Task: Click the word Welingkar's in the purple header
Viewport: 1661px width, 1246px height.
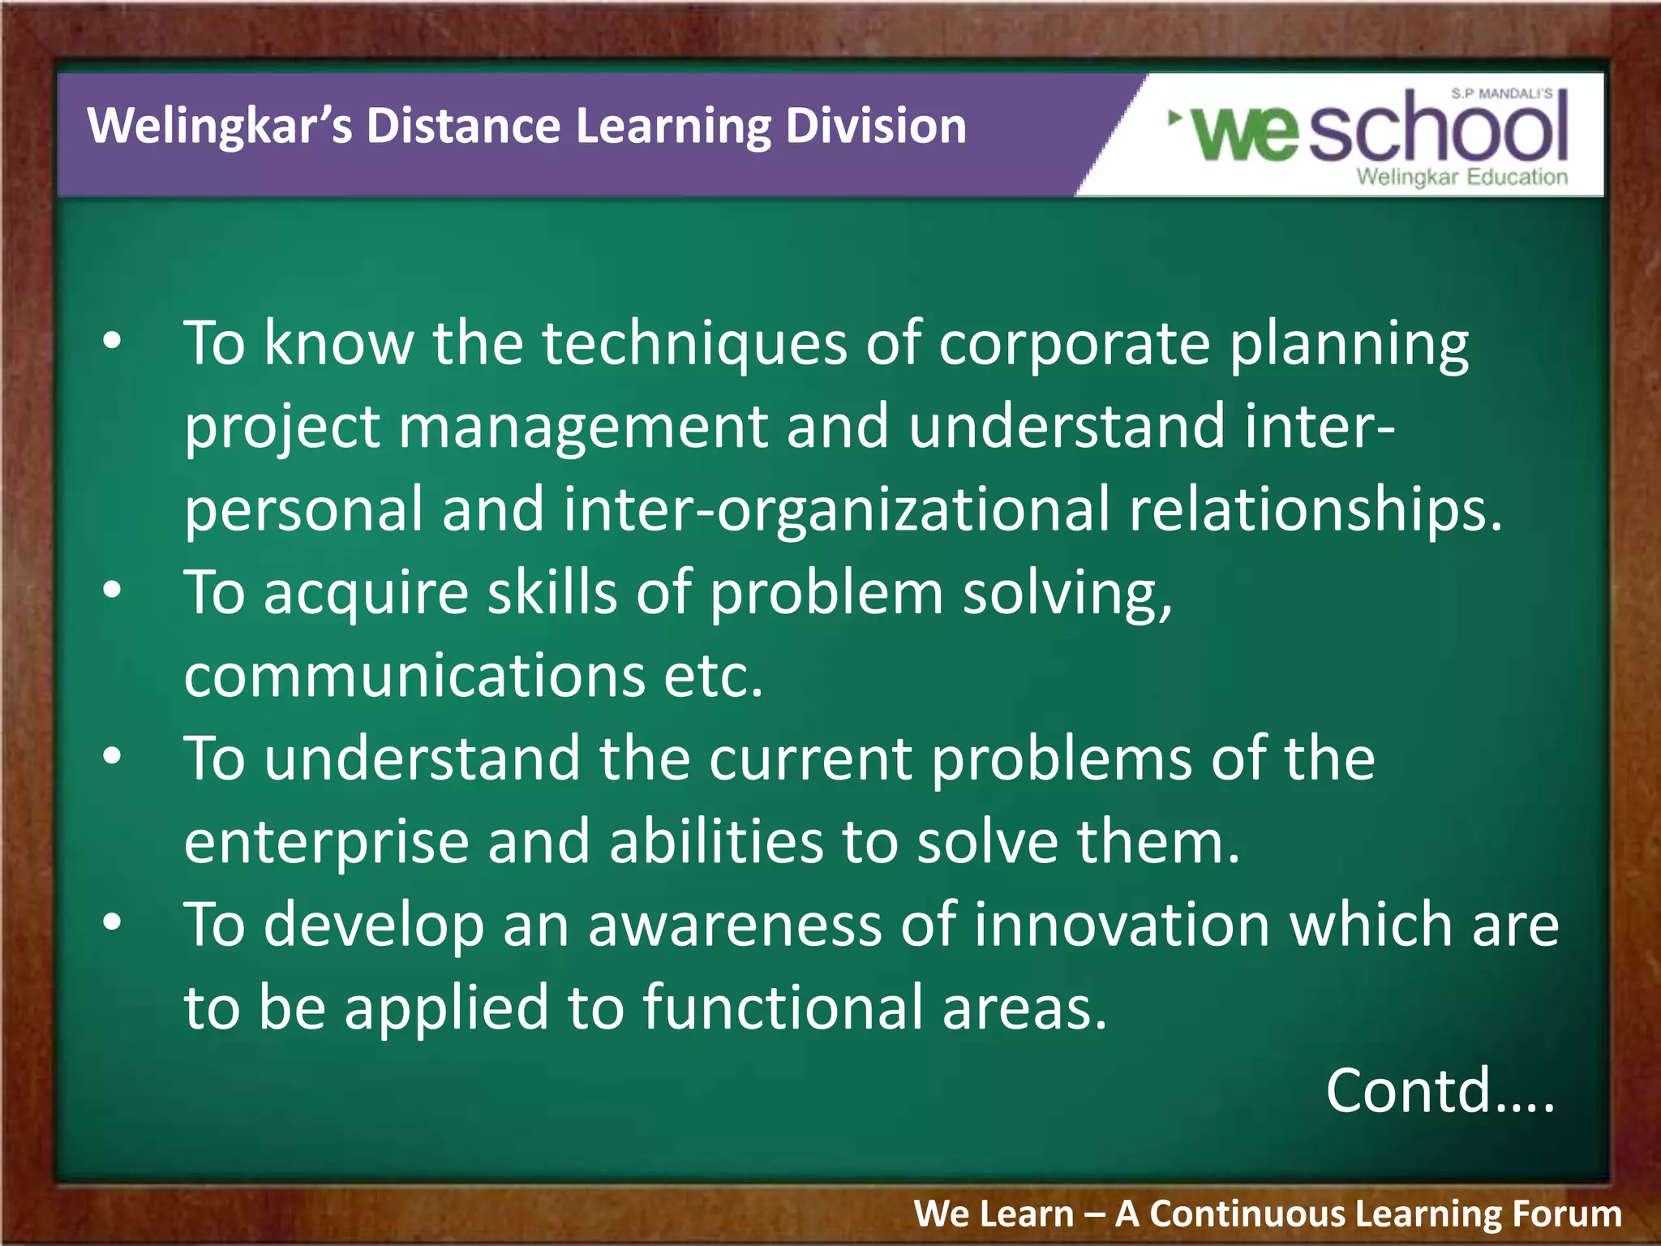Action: coord(219,127)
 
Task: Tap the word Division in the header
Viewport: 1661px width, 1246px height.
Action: coord(875,127)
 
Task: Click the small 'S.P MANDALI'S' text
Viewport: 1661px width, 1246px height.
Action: coord(1501,94)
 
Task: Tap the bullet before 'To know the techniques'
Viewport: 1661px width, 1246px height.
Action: coord(112,342)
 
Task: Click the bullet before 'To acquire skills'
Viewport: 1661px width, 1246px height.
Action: coord(112,591)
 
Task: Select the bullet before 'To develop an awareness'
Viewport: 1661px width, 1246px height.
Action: coord(112,922)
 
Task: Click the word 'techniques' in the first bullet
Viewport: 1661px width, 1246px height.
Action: coord(694,343)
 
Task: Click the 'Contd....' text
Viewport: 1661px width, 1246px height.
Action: coord(1440,1091)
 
